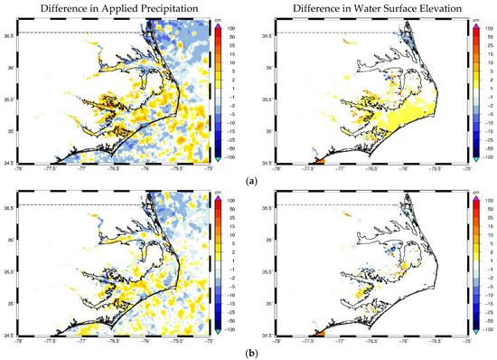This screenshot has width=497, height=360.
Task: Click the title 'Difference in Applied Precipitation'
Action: click(112, 8)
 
